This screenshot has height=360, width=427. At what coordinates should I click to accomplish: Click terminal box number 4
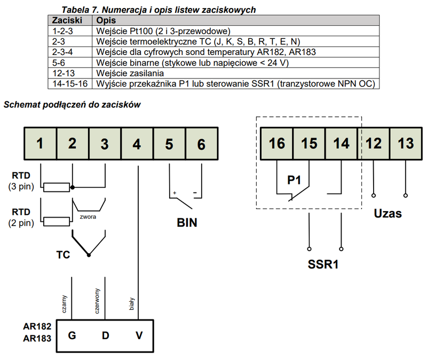pyautogui.click(x=137, y=143)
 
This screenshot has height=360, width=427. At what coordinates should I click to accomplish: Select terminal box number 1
pyautogui.click(x=40, y=143)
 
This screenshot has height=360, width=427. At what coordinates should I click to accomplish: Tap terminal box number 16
pyautogui.click(x=277, y=143)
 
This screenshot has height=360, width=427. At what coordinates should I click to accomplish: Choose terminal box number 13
pyautogui.click(x=406, y=143)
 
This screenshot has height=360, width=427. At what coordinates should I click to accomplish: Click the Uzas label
pyautogui.click(x=388, y=214)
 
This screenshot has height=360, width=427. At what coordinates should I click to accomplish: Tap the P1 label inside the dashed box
pyautogui.click(x=295, y=180)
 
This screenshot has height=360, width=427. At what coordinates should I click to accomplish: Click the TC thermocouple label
pyautogui.click(x=63, y=254)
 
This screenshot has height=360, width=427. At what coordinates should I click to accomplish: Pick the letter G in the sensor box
pyautogui.click(x=72, y=335)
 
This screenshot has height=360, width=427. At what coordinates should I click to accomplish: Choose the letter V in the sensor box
pyautogui.click(x=139, y=335)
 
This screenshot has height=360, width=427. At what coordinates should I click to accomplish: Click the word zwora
pyautogui.click(x=89, y=218)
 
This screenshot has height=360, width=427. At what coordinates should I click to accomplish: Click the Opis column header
pyautogui.click(x=106, y=20)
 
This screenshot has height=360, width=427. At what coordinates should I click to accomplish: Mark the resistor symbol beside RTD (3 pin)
pyautogui.click(x=57, y=187)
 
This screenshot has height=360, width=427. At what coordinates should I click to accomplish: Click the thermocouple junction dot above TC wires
pyautogui.click(x=89, y=255)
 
